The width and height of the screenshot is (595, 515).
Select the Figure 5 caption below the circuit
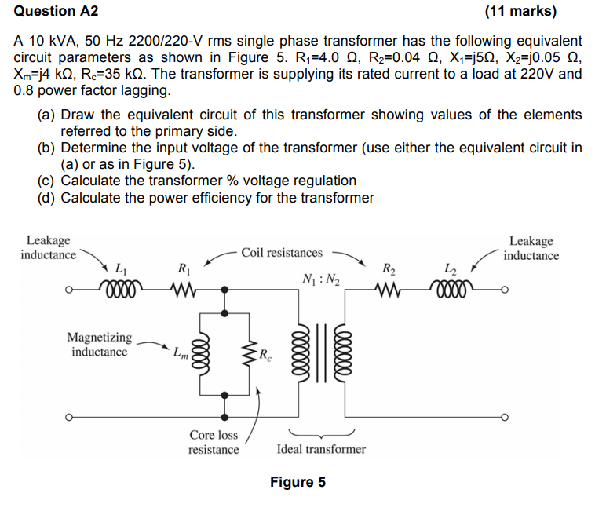click(297, 482)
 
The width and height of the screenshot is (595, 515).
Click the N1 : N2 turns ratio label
click(318, 279)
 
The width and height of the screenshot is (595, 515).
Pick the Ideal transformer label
click(321, 449)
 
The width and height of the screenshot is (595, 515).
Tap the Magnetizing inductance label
click(100, 345)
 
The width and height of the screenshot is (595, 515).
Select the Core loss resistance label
click(214, 442)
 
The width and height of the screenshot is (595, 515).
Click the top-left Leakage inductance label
click(48, 247)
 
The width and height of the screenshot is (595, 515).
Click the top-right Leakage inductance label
click(531, 247)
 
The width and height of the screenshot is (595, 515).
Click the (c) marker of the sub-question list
click(46, 181)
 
